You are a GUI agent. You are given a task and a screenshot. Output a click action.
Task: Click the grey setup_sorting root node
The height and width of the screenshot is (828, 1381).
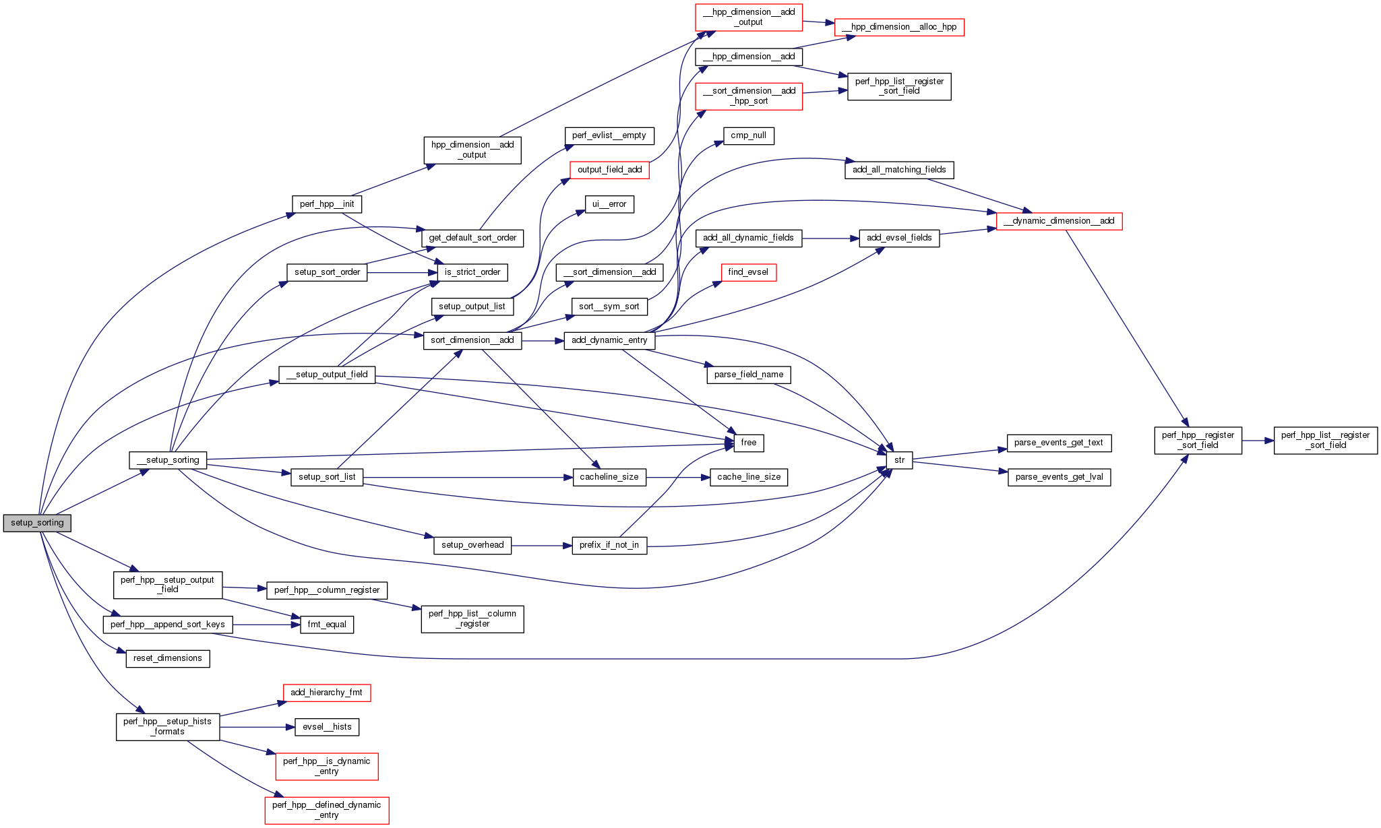point(37,523)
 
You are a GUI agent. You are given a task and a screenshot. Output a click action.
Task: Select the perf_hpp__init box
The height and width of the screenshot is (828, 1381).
point(327,204)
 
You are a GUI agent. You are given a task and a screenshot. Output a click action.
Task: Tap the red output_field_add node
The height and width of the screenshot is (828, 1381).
point(609,170)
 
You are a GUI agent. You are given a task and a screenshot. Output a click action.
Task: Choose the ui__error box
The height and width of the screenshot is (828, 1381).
point(609,204)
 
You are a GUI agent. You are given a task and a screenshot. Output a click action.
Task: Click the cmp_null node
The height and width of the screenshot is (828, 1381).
point(748,135)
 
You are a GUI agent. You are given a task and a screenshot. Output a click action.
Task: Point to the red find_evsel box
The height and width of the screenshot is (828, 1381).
point(748,272)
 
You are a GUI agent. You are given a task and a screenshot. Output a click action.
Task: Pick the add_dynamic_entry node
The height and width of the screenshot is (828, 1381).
point(609,340)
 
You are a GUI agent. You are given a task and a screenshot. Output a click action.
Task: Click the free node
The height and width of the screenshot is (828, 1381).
point(748,443)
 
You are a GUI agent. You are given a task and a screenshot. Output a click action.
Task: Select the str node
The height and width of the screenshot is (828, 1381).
point(899,460)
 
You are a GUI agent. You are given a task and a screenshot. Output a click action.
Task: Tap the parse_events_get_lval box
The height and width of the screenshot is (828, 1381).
point(1059,477)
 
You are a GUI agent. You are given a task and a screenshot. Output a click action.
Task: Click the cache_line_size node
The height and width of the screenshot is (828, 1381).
point(748,477)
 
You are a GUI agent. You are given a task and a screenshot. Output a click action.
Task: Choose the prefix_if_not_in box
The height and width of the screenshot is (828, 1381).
point(609,545)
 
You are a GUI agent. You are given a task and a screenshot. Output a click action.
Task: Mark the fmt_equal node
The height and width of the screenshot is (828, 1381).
point(327,625)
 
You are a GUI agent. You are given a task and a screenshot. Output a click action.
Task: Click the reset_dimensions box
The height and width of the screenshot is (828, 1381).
point(167,658)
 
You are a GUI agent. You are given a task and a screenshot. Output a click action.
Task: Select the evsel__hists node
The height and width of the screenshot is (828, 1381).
point(327,727)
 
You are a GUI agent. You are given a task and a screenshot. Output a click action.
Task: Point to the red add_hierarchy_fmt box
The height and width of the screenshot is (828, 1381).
point(326,693)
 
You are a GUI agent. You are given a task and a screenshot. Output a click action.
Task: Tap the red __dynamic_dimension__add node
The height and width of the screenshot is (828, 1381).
point(1059,221)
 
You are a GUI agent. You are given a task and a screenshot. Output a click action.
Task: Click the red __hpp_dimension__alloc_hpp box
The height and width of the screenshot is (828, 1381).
point(899,27)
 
